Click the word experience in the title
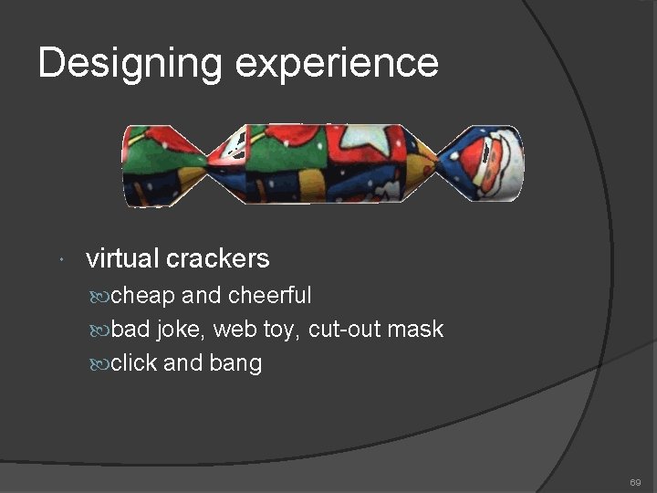click(x=337, y=64)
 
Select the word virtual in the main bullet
click(x=122, y=258)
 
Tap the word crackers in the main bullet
click(x=218, y=258)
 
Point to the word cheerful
click(x=269, y=296)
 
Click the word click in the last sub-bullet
click(x=134, y=363)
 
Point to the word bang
click(x=235, y=364)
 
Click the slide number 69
click(x=635, y=481)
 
